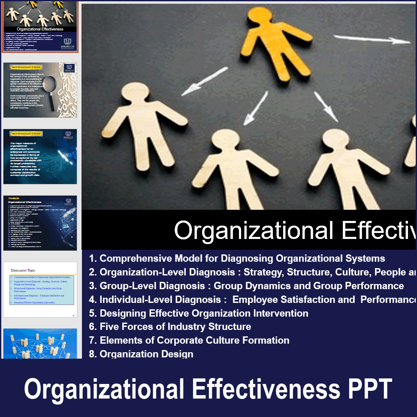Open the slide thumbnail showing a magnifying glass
40,90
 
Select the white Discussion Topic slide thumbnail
40,290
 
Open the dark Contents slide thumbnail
40,223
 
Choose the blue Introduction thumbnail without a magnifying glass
40,157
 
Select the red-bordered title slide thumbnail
40,26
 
